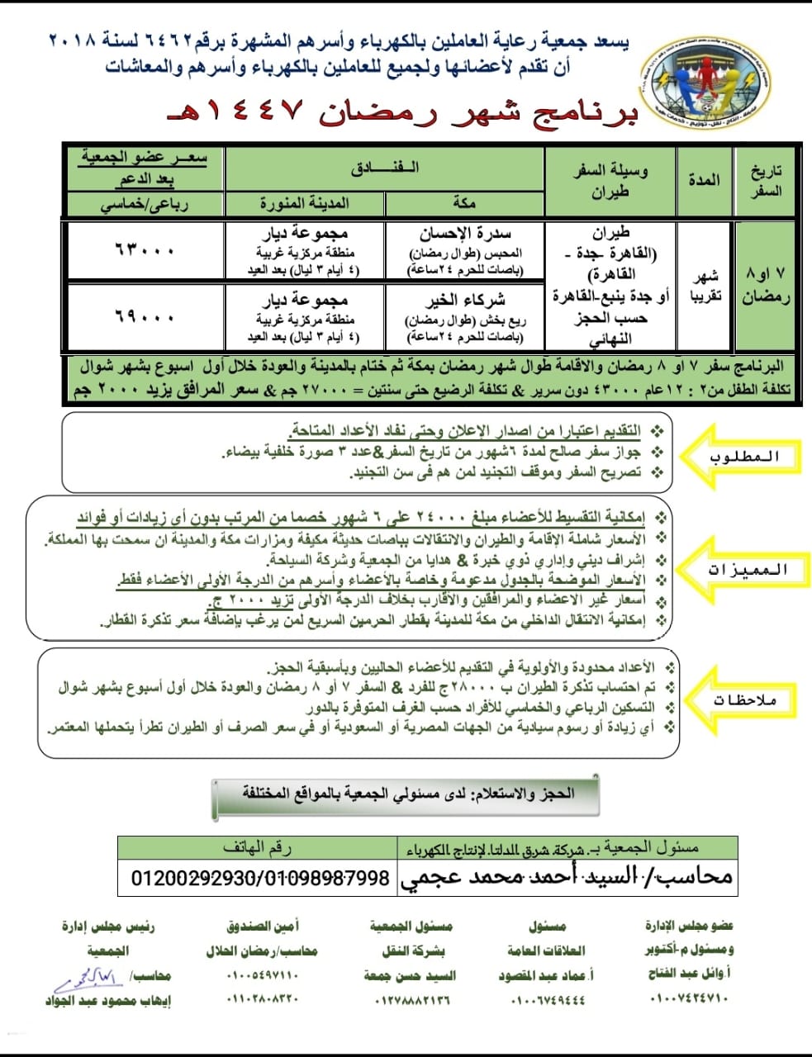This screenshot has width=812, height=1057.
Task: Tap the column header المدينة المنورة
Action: [305, 203]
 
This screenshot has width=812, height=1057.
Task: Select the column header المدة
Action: [704, 180]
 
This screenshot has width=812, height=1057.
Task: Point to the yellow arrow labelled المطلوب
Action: [744, 457]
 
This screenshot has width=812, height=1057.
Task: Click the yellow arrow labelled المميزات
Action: [744, 569]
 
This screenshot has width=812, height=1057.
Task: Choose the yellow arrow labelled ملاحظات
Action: [744, 700]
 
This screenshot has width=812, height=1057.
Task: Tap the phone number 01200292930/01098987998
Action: [259, 877]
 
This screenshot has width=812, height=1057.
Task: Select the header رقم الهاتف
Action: [258, 847]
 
